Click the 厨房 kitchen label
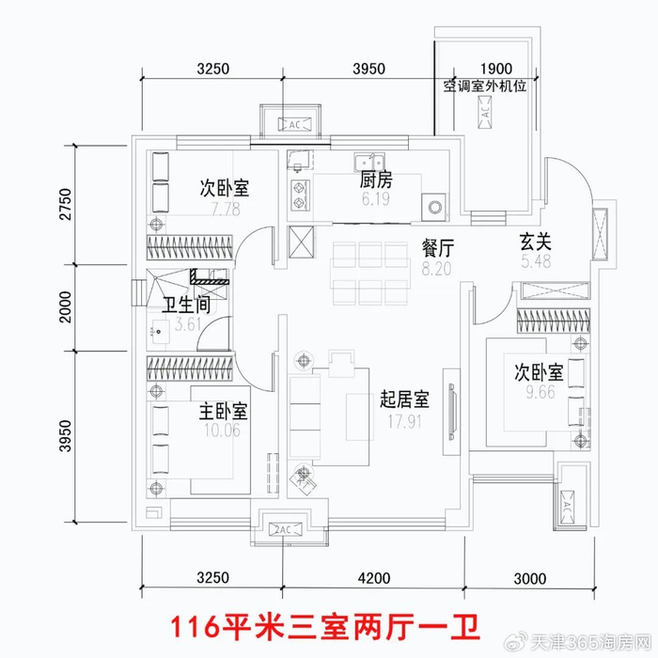pos(375,181)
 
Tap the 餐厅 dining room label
pos(438,249)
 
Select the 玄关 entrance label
pos(536,242)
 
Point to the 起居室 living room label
pos(405,399)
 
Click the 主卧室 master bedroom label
pos(223,411)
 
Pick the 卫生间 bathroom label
pos(186,306)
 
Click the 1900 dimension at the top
pos(495,69)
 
